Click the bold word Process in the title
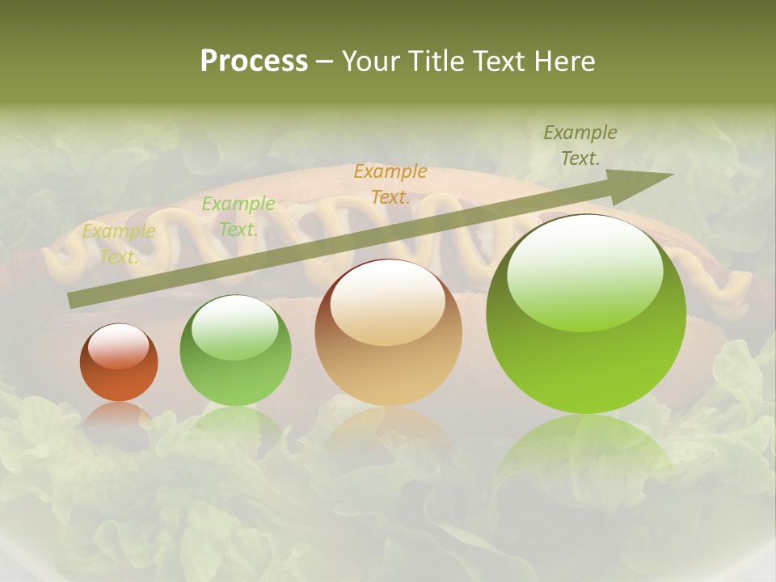coord(254,61)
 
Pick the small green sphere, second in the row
coord(235,352)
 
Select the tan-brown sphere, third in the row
coord(388,333)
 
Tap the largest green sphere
coord(586,315)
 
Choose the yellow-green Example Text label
coord(119,243)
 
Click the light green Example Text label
coord(238,217)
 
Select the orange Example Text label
coord(390,183)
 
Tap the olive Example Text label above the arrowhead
coord(580,145)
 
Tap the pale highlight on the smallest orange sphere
coord(118,346)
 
